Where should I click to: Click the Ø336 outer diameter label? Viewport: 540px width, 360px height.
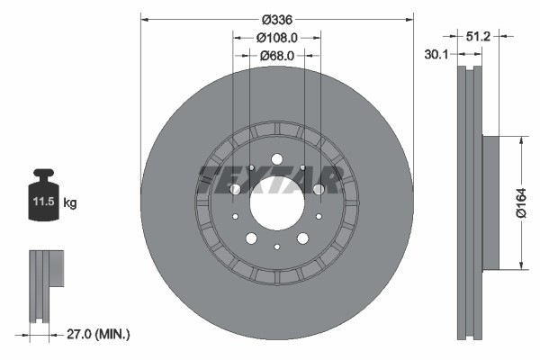[x=276, y=20]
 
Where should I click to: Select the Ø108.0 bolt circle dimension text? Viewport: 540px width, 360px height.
[x=276, y=38]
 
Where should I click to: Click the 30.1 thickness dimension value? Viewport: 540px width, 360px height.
[x=436, y=55]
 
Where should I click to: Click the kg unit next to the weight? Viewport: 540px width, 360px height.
[x=70, y=203]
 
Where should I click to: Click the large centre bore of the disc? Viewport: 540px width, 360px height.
[x=276, y=203]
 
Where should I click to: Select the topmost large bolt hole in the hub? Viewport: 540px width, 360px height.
[x=276, y=160]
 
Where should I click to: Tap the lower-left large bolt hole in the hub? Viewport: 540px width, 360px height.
[x=251, y=238]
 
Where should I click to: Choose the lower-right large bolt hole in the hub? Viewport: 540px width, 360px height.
[x=302, y=238]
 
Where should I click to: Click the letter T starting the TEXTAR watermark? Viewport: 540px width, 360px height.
[x=210, y=180]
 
